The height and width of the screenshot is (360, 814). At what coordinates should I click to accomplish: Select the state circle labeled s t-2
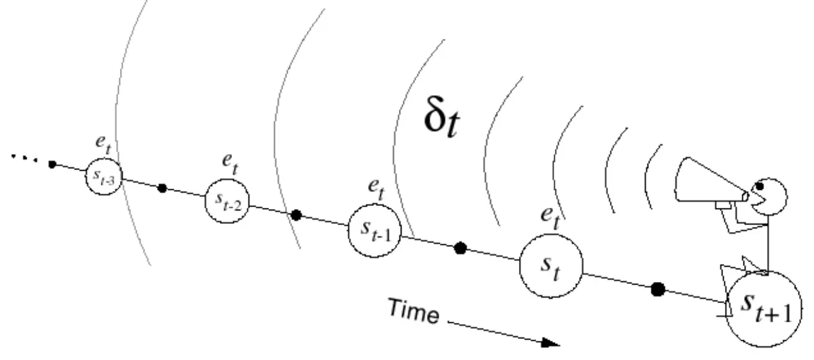pyautogui.click(x=227, y=202)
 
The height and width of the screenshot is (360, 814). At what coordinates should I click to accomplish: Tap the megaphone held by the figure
pyautogui.click(x=711, y=183)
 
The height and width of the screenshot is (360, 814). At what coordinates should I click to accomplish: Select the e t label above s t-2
pyautogui.click(x=231, y=165)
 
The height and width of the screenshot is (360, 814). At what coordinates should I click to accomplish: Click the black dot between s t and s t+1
pyautogui.click(x=659, y=288)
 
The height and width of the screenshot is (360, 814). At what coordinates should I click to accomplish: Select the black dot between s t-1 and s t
pyautogui.click(x=460, y=248)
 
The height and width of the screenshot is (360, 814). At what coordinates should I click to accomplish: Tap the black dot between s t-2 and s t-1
pyautogui.click(x=296, y=215)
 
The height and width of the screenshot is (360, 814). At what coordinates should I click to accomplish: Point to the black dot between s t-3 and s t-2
pyautogui.click(x=163, y=188)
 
